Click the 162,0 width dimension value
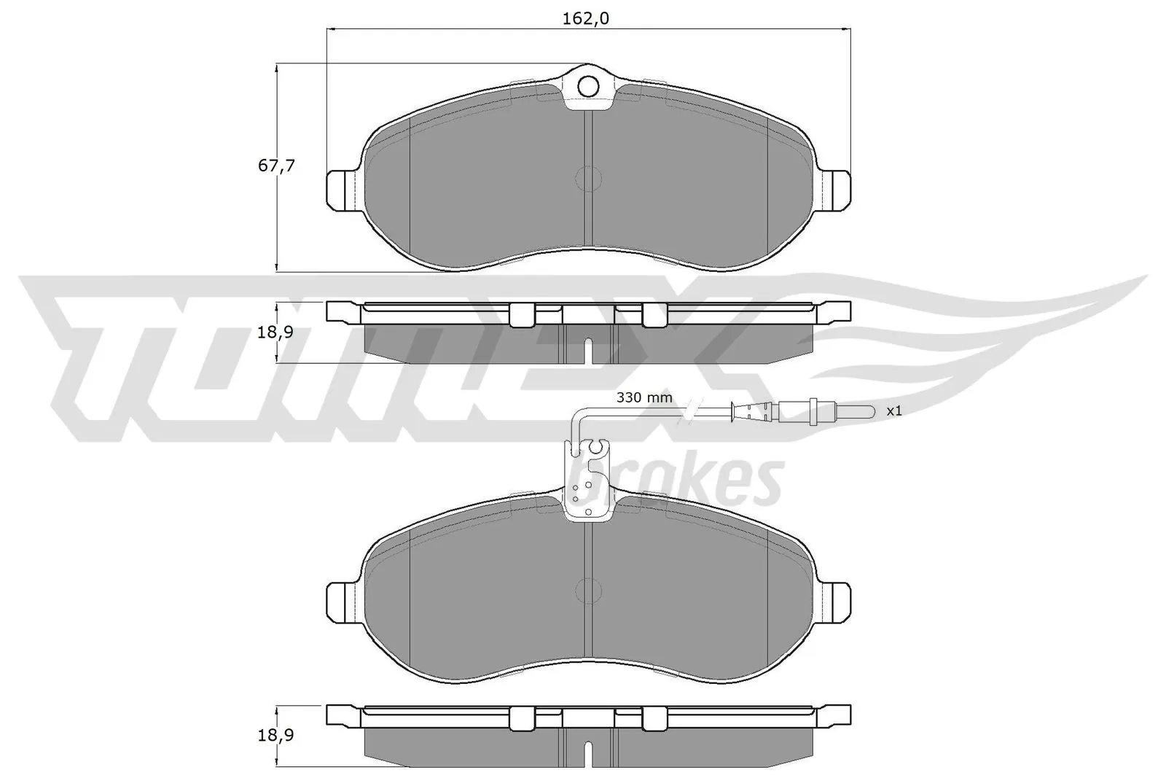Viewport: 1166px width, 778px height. coord(584,19)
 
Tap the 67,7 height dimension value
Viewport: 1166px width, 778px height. coord(276,166)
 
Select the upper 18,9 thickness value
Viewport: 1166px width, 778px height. coord(276,332)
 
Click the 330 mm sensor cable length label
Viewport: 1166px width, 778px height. coord(644,398)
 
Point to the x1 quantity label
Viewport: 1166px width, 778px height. coord(894,411)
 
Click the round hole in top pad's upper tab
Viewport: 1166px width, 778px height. coord(588,87)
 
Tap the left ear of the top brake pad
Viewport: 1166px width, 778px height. coord(340,190)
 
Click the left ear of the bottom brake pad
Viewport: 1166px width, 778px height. coord(340,601)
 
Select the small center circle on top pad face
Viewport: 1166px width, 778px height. coord(587,178)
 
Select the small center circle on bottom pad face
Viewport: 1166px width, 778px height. coord(587,589)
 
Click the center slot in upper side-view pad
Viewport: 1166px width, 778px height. coord(589,351)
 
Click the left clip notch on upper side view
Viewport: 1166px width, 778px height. coord(521,314)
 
